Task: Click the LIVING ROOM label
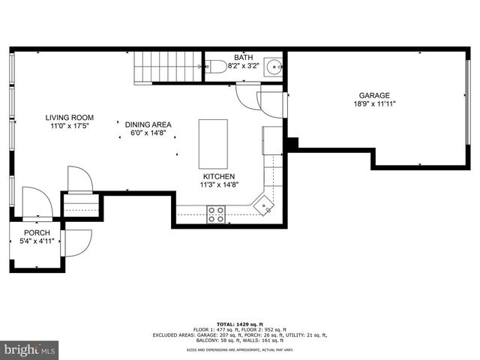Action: pos(69,118)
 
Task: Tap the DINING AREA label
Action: pos(148,124)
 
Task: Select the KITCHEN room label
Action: pos(217,176)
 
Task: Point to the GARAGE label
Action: pos(373,95)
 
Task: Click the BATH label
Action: pos(243,58)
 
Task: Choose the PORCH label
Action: pos(37,233)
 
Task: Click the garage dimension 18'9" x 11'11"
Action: pos(373,104)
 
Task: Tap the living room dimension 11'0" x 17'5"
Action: pos(69,127)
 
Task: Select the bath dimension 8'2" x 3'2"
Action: pos(243,66)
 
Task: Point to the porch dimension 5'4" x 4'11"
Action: pos(37,241)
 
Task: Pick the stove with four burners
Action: pos(217,214)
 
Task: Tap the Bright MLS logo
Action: pos(30,349)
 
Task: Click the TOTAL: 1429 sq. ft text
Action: pos(239,320)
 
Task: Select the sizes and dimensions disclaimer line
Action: pos(239,350)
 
